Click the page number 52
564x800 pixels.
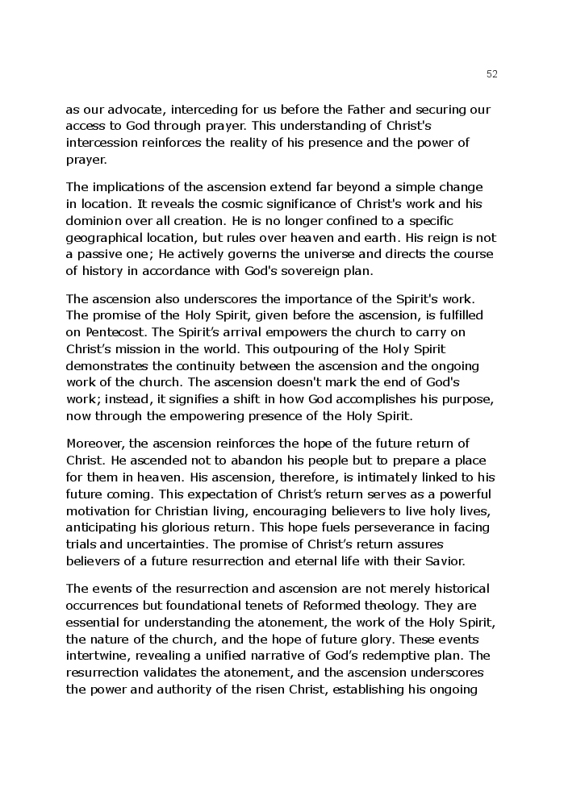point(492,74)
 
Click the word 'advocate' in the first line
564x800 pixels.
point(136,109)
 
